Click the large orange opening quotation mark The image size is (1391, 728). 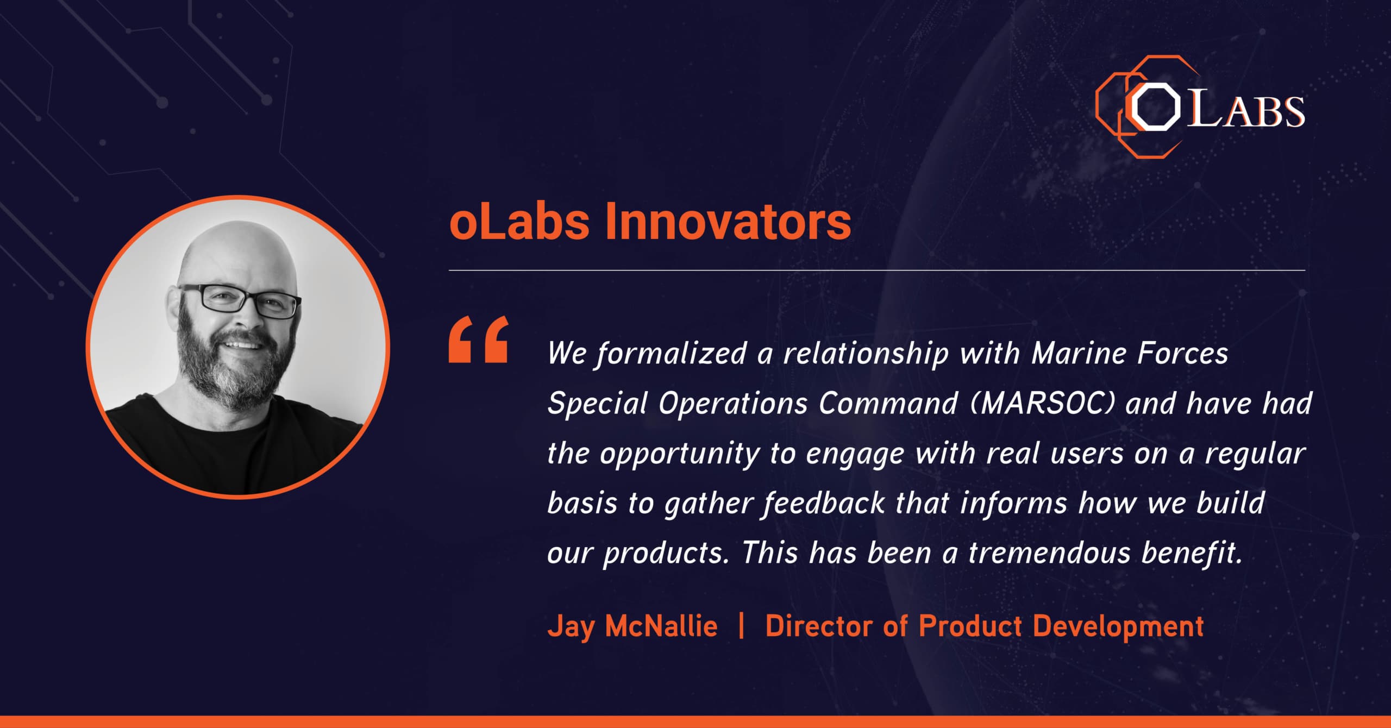click(x=478, y=340)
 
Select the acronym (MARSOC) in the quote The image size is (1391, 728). click(x=1042, y=404)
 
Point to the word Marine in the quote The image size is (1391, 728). click(x=1079, y=353)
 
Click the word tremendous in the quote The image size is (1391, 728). click(x=1049, y=553)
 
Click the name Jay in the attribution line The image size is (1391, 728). click(x=571, y=627)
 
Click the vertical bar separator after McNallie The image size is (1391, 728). click(x=742, y=626)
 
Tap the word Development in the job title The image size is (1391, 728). click(x=1118, y=627)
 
